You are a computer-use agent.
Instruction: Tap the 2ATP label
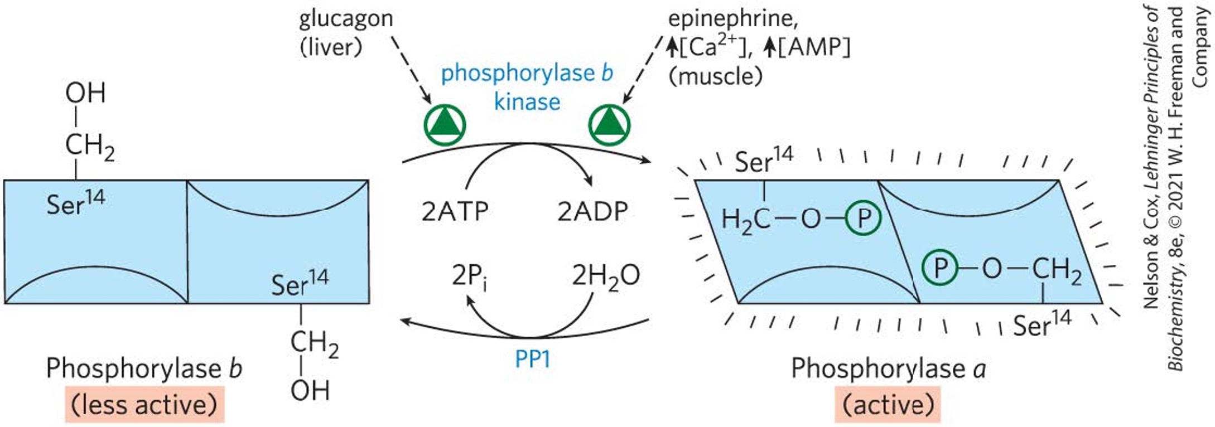[x=455, y=211]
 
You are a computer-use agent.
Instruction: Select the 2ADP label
[x=592, y=211]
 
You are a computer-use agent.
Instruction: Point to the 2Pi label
[x=469, y=276]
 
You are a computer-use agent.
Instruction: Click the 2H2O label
[x=605, y=276]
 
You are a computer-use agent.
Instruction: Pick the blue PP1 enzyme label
[x=532, y=360]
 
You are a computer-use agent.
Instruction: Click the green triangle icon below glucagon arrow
[x=445, y=124]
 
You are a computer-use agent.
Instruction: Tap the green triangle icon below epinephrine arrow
[x=609, y=124]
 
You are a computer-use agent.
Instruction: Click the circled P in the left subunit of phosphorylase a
[x=863, y=218]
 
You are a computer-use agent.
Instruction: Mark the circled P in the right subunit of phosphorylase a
[x=939, y=268]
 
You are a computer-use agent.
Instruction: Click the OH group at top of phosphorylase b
[x=85, y=93]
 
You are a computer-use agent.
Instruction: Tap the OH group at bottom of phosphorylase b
[x=310, y=390]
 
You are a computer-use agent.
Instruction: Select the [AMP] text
[x=814, y=47]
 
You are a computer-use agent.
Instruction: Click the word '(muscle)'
[x=715, y=76]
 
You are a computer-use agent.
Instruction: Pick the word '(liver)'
[x=331, y=47]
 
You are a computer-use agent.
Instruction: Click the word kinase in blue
[x=527, y=102]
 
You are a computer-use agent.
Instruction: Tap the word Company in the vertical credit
[x=1200, y=48]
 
